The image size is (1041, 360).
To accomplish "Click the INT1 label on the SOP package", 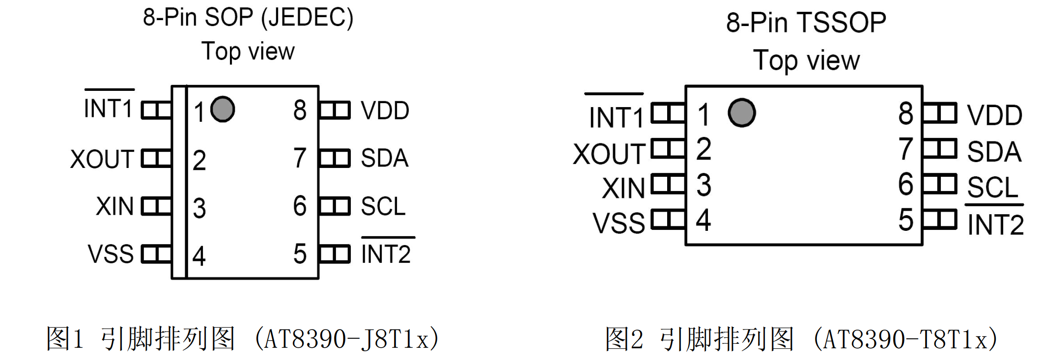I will click(109, 109).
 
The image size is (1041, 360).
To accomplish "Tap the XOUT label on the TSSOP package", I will click(609, 154).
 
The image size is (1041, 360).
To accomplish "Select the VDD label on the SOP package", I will click(385, 111).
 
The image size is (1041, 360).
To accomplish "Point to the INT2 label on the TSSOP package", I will click(995, 225).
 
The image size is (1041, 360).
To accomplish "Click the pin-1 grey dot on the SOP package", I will click(223, 109).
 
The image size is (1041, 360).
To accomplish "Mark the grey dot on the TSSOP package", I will click(741, 113).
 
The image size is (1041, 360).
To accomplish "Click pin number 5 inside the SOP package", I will click(300, 254).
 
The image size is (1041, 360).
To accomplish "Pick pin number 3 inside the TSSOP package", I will click(703, 185).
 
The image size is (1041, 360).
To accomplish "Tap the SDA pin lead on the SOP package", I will click(335, 158).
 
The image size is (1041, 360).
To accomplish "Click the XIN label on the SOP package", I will click(114, 206).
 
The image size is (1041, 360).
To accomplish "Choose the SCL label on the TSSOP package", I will click(992, 188).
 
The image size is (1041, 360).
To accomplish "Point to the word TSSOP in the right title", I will click(842, 23).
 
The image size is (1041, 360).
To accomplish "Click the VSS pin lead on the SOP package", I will click(156, 254).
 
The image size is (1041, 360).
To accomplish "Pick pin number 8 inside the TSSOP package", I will click(905, 113).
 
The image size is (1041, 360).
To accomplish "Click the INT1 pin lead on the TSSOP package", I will click(668, 113).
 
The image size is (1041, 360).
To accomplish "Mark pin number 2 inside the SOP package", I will click(199, 160).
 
